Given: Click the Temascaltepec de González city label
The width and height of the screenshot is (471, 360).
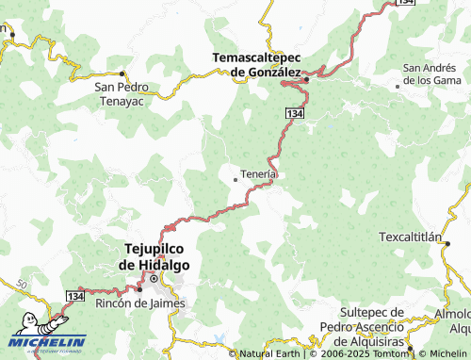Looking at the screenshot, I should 256,64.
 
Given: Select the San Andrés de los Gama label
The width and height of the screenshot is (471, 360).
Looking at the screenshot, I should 431,74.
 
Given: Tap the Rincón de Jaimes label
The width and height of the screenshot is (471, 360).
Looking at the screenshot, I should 139,303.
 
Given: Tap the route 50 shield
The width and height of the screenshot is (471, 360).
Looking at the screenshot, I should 22,283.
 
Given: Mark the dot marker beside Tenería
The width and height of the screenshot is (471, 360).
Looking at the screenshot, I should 235,179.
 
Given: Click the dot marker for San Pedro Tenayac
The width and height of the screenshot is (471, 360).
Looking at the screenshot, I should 122,74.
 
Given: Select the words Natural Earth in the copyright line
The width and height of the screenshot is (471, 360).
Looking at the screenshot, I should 270,354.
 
